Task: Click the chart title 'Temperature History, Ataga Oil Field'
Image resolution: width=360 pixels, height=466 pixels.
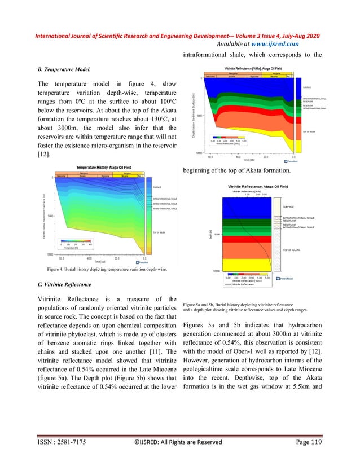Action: tap(102, 168)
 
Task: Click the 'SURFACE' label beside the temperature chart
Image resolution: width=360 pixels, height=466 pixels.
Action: tap(157, 187)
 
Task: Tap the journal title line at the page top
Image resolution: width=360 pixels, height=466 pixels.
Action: tap(179, 36)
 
